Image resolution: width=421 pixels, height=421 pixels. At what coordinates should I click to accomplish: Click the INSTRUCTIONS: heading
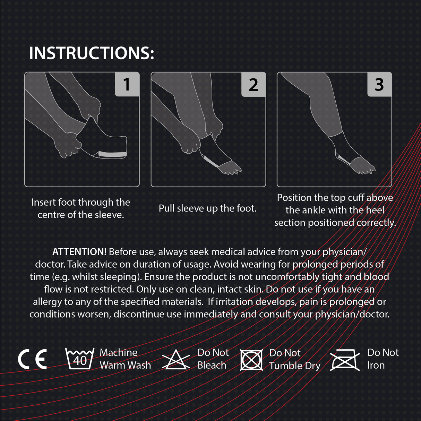pyautogui.click(x=92, y=53)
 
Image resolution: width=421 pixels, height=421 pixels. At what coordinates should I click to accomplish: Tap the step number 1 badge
pyautogui.click(x=127, y=84)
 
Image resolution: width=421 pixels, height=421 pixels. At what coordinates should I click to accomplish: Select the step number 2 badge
pyautogui.click(x=254, y=84)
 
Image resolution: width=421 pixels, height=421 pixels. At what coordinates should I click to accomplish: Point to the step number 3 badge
pyautogui.click(x=379, y=84)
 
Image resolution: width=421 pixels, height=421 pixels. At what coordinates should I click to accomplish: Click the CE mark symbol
pyautogui.click(x=32, y=359)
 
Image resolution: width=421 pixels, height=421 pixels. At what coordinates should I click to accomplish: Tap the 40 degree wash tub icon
pyautogui.click(x=80, y=359)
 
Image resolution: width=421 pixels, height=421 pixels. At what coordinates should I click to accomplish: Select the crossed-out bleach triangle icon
pyautogui.click(x=176, y=360)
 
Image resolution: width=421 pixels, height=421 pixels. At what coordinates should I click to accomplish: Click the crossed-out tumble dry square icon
pyautogui.click(x=251, y=360)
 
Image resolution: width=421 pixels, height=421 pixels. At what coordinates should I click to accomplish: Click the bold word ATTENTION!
pyautogui.click(x=79, y=252)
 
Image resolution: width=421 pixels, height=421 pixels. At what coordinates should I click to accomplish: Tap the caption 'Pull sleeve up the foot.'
pyautogui.click(x=207, y=208)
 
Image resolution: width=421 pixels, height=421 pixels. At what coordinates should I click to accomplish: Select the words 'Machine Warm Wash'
pyautogui.click(x=125, y=359)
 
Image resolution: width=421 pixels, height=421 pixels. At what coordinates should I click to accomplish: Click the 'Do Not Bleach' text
pyautogui.click(x=213, y=359)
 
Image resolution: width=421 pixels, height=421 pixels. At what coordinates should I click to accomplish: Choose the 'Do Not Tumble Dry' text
pyautogui.click(x=295, y=359)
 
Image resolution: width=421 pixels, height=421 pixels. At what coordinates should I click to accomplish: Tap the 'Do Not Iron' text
pyautogui.click(x=383, y=359)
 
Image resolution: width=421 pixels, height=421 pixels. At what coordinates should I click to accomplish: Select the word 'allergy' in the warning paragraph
pyautogui.click(x=48, y=302)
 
